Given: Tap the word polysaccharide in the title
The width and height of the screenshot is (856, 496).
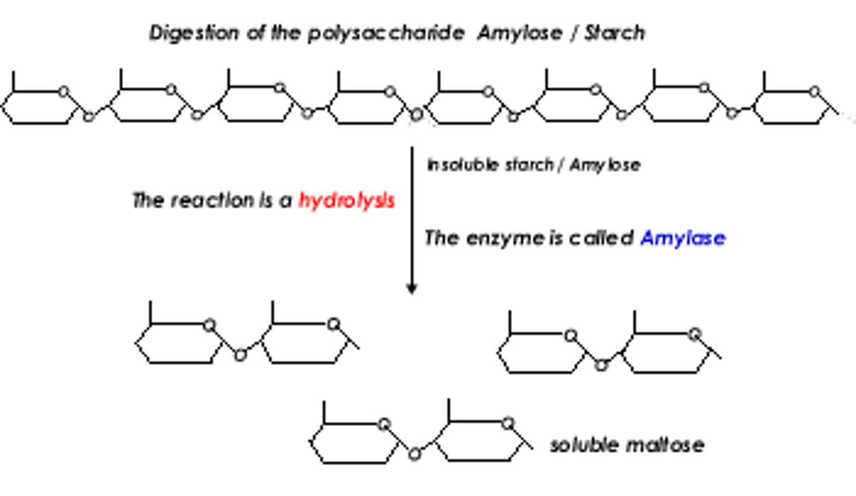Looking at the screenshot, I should (386, 33).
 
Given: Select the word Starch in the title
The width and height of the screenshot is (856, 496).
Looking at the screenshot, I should (615, 33).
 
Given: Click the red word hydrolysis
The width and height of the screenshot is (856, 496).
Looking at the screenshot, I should (347, 201).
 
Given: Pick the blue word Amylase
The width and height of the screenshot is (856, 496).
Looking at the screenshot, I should (682, 238).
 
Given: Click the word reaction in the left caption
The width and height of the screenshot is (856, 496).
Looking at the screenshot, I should (212, 201).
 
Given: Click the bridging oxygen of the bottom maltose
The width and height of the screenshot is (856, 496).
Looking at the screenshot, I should (415, 454).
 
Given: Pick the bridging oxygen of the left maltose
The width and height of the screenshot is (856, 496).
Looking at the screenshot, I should (240, 355).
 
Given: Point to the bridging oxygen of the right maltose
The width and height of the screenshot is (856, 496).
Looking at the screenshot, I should (601, 365).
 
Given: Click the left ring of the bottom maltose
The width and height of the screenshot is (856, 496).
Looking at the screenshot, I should (354, 443).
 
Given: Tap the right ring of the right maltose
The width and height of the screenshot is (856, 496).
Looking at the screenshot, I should (666, 353).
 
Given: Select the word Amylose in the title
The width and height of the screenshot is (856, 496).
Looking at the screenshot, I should (520, 33).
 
